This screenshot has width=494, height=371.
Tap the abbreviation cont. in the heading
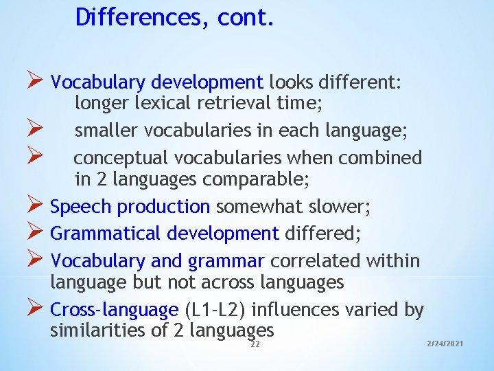tap(246, 17)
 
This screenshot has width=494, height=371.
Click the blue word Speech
tap(82, 207)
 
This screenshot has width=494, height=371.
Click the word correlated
tap(316, 261)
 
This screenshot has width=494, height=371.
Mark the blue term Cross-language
tap(114, 311)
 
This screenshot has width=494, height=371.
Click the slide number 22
tap(255, 344)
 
